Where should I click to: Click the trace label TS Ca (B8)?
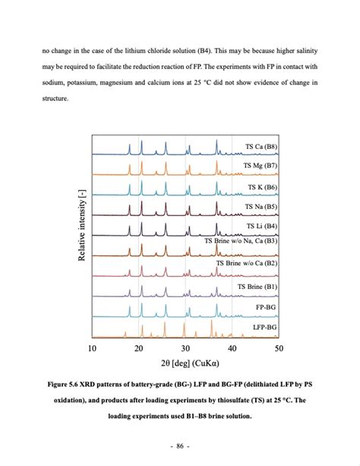click(x=261, y=146)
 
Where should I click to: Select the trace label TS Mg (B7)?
click(x=261, y=166)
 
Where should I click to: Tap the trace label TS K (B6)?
click(x=263, y=186)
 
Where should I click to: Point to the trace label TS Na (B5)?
click(x=261, y=206)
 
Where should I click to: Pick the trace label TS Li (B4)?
click(x=261, y=226)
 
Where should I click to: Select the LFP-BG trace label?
click(x=264, y=328)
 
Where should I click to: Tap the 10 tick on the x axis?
click(x=92, y=348)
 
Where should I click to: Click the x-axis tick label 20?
click(x=138, y=348)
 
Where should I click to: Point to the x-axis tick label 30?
click(x=185, y=348)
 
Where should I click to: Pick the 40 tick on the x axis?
click(x=232, y=348)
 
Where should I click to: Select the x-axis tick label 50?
click(x=278, y=348)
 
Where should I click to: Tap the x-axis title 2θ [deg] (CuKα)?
click(x=185, y=365)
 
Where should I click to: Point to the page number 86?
click(x=180, y=442)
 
